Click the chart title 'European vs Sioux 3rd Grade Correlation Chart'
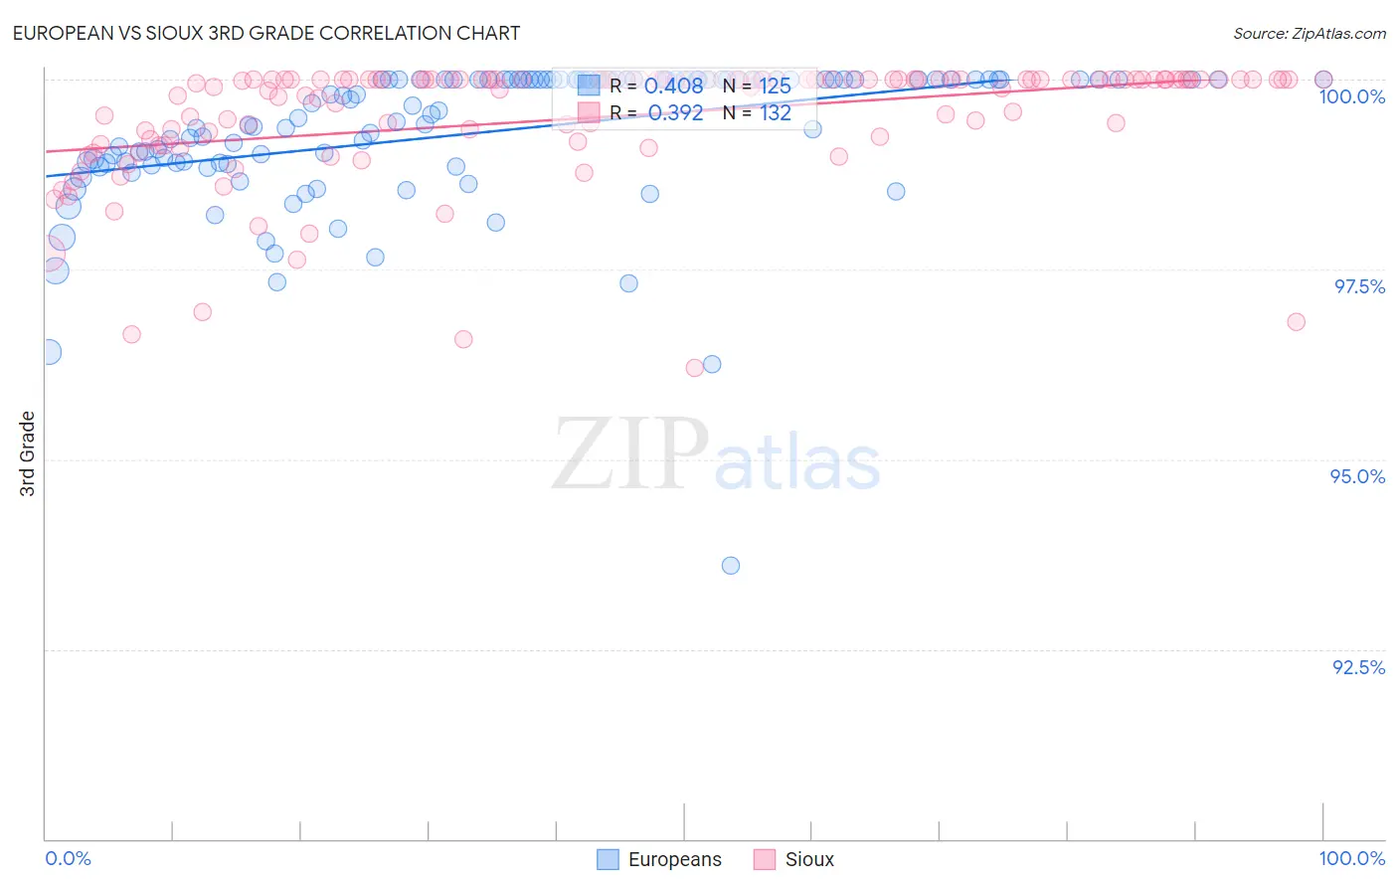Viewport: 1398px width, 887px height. coord(265,33)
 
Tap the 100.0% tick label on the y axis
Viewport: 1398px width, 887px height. coord(1351,96)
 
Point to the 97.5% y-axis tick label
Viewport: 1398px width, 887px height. coord(1358,286)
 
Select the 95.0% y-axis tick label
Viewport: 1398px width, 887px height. coord(1357,476)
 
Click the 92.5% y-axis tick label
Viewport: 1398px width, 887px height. coord(1358,667)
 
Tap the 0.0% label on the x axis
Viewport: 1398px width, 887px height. coord(68,858)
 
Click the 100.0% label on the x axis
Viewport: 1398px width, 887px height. coord(1351,858)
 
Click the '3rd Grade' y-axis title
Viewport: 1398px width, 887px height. coord(28,453)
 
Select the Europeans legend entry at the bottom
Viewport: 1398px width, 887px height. coord(659,859)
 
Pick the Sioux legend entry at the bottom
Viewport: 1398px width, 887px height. coord(793,859)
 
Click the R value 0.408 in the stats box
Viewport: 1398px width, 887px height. coord(673,86)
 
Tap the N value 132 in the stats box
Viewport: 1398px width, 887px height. coord(776,112)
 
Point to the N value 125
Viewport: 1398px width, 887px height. coord(776,86)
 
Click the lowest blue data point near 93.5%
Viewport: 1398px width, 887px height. coord(731,566)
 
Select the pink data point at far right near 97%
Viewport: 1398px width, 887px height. coord(1296,321)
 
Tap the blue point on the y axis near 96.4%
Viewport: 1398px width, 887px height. coord(48,352)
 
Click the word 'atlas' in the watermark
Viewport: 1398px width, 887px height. coord(797,463)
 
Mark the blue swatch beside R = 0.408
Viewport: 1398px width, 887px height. coord(589,86)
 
